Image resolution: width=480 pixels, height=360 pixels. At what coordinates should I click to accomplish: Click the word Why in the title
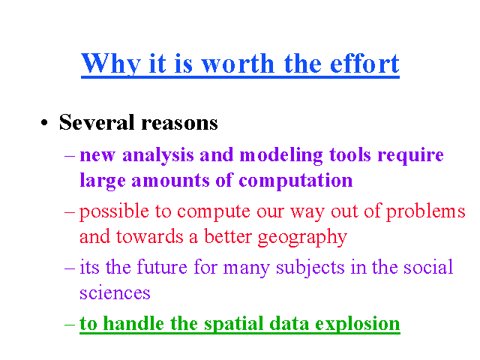click(111, 64)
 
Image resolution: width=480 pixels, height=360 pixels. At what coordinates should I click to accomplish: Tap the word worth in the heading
click(238, 63)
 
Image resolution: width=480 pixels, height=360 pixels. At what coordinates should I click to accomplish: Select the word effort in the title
click(364, 63)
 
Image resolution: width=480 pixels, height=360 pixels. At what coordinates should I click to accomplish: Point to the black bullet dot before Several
click(44, 122)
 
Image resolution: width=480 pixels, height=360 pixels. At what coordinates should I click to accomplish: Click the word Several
click(97, 122)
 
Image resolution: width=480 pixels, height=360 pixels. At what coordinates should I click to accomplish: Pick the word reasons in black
click(180, 123)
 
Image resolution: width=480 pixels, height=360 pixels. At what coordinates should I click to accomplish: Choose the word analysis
click(158, 155)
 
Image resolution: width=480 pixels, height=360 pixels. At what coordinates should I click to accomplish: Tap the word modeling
click(281, 155)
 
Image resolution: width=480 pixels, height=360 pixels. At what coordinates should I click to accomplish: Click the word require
click(410, 155)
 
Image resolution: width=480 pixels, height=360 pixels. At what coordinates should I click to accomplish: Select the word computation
click(295, 181)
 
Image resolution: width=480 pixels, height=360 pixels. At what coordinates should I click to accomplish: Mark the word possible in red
click(114, 211)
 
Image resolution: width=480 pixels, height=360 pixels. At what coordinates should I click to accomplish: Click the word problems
click(425, 211)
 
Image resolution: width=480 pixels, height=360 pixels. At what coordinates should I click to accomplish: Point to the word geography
click(302, 237)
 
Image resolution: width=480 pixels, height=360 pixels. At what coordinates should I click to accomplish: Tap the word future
click(162, 267)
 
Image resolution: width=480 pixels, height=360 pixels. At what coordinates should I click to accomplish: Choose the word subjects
click(310, 268)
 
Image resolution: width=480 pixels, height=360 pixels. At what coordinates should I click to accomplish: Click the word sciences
click(115, 293)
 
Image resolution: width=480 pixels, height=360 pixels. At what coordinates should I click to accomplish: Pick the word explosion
click(358, 324)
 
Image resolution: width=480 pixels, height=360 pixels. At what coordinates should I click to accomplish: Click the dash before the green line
click(70, 325)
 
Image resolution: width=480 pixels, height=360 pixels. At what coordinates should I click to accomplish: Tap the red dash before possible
click(70, 212)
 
